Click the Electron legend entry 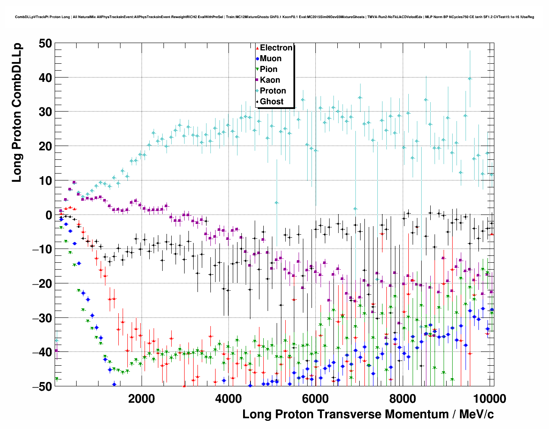coord(276,48)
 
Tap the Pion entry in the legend coord(268,69)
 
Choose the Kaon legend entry coord(270,80)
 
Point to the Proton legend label coord(273,91)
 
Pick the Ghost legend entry coord(271,102)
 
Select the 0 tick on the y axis coord(48,215)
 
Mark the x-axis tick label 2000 coord(142,398)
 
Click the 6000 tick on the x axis coord(315,398)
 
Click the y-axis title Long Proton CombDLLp coord(17,113)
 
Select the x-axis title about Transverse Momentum coord(368,414)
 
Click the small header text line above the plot coord(274,17)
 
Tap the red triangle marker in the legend coord(257,48)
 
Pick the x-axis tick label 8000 coord(402,398)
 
